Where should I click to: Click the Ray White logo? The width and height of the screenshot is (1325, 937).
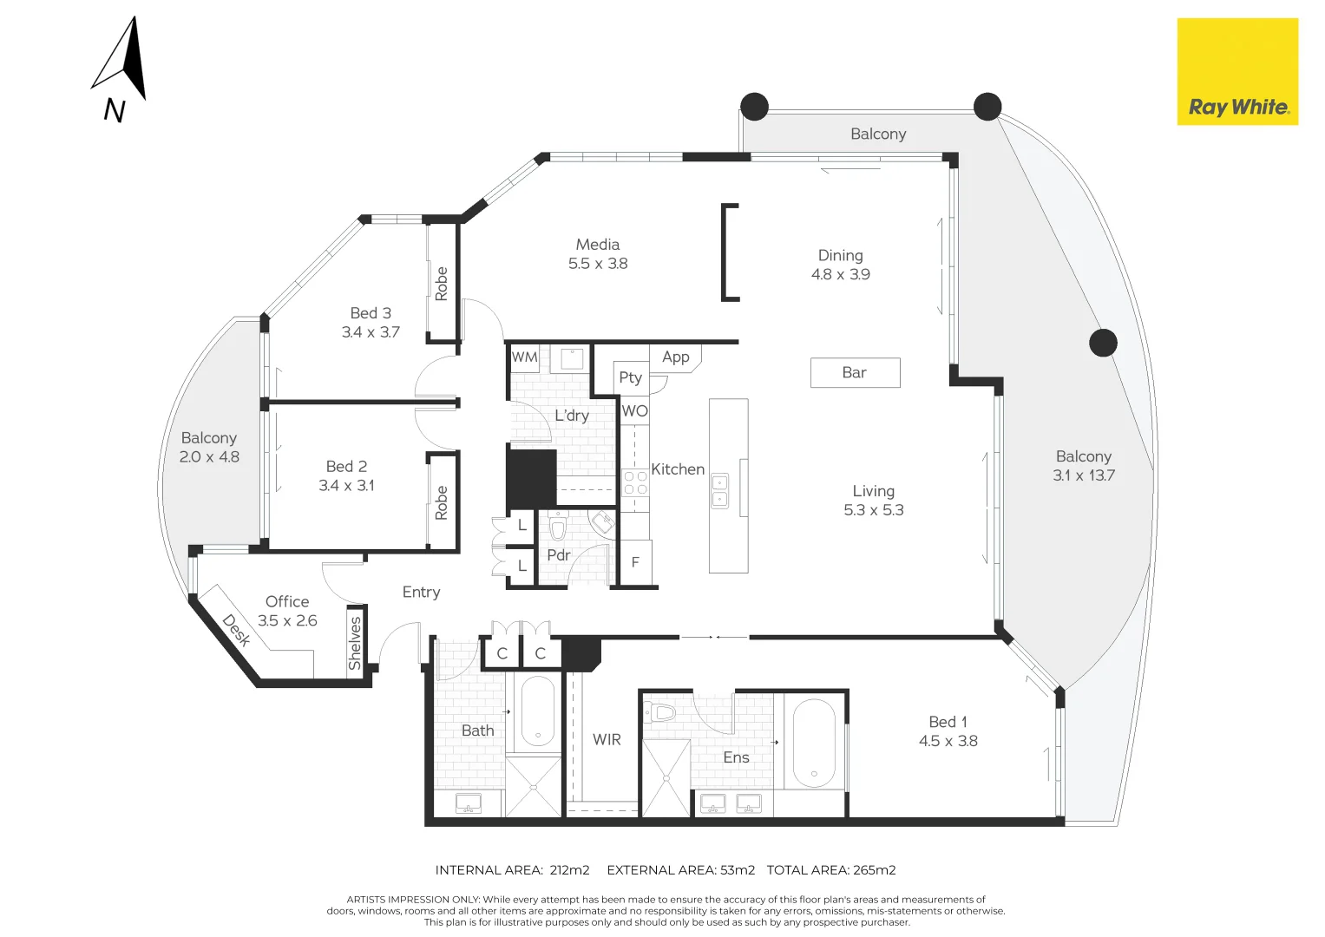(x=1237, y=72)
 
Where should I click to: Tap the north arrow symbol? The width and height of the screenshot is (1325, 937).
(x=123, y=61)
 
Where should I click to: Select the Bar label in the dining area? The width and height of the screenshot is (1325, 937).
(x=855, y=373)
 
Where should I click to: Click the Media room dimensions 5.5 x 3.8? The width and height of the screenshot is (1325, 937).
(x=598, y=264)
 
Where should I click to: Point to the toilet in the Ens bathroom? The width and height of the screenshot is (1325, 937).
(x=661, y=713)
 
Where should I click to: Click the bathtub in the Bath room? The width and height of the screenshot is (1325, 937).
(x=537, y=711)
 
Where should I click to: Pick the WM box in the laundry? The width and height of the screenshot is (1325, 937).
(x=525, y=357)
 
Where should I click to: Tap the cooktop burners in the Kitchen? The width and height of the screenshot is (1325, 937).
(x=635, y=483)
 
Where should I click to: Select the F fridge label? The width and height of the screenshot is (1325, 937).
(x=635, y=563)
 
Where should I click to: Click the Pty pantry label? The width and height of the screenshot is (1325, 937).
(x=631, y=377)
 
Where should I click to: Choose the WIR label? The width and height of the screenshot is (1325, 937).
(x=607, y=740)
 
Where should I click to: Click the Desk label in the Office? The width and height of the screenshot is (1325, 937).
(x=236, y=631)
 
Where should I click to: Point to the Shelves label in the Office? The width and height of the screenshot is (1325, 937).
(x=355, y=643)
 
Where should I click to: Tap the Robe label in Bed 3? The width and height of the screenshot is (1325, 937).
(x=442, y=284)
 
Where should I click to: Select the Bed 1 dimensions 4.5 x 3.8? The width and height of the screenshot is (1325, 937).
(x=948, y=742)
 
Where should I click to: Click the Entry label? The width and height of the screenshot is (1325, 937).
(x=421, y=593)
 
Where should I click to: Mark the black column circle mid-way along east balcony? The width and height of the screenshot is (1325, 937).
(x=1103, y=343)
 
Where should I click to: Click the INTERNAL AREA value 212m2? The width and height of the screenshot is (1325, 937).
(x=569, y=870)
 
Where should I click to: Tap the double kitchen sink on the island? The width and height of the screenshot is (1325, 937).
(x=720, y=491)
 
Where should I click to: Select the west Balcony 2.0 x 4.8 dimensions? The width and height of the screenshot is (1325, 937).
(x=209, y=457)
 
